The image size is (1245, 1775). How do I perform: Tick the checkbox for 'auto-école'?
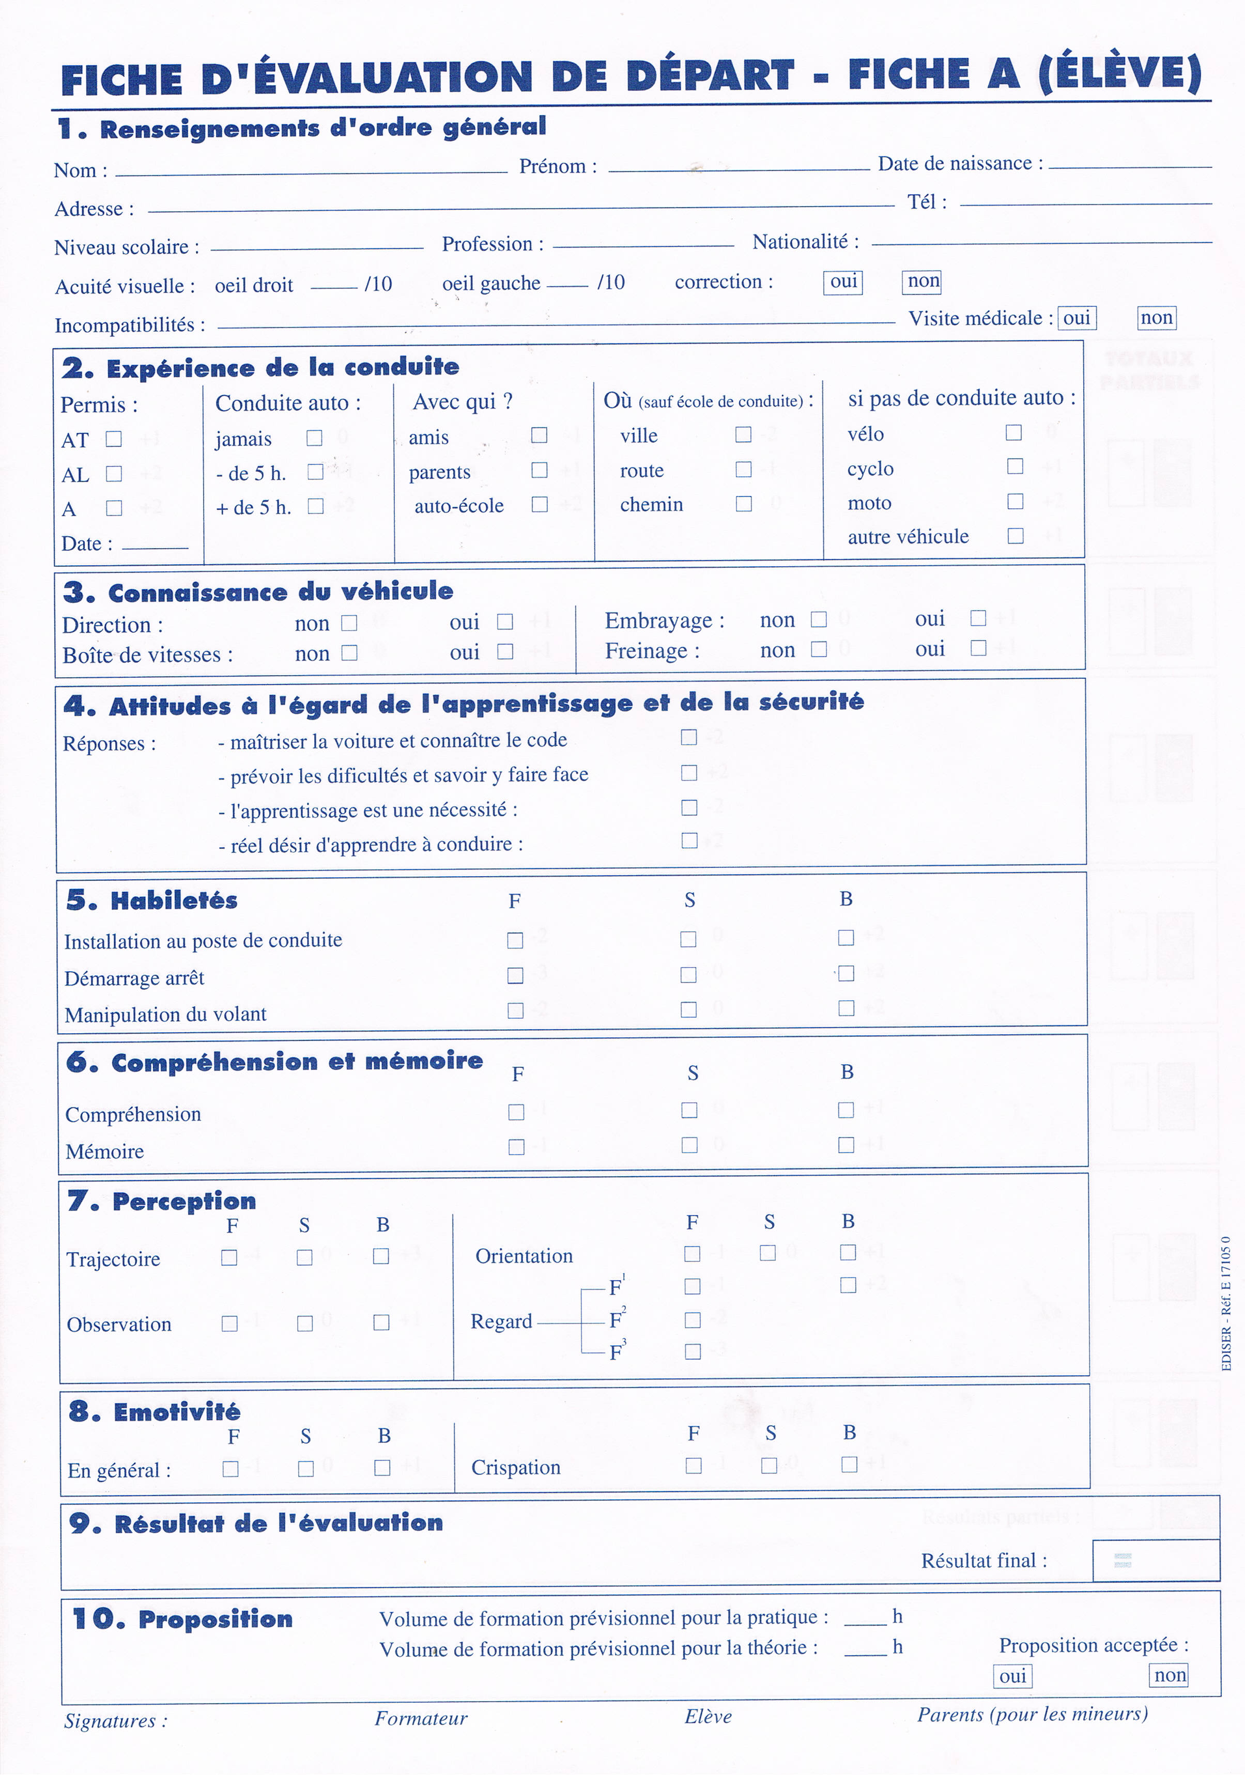[x=540, y=505]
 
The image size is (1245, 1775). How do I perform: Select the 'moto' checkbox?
[x=1016, y=502]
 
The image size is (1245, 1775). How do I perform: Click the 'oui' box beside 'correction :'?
[x=843, y=282]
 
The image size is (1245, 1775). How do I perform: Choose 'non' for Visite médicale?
[x=1157, y=318]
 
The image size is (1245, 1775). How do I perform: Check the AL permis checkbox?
[x=114, y=473]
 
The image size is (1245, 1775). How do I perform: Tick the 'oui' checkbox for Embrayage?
[x=978, y=618]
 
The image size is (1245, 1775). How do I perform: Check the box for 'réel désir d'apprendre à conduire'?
[x=689, y=840]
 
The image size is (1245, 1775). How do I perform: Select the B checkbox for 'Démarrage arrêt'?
[x=846, y=973]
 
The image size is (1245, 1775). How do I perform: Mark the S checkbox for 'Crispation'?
[x=770, y=1466]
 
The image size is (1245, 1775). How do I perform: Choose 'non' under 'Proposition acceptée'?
[x=1169, y=1675]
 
